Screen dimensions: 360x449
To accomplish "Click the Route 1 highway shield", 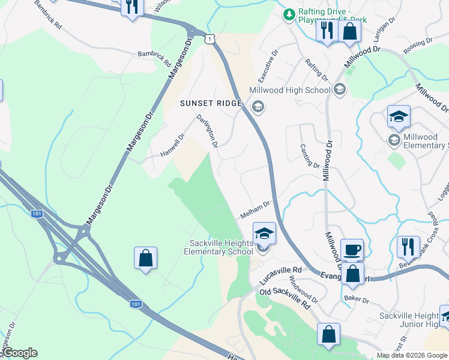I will (208, 39).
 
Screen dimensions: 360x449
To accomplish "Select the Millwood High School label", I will (289, 90).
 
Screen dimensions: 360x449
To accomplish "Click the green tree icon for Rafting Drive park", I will (289, 13).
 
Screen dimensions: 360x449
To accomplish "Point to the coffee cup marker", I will (352, 248).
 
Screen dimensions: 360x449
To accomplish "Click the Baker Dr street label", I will (356, 298).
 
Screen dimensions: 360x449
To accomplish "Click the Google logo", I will (20, 353).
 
